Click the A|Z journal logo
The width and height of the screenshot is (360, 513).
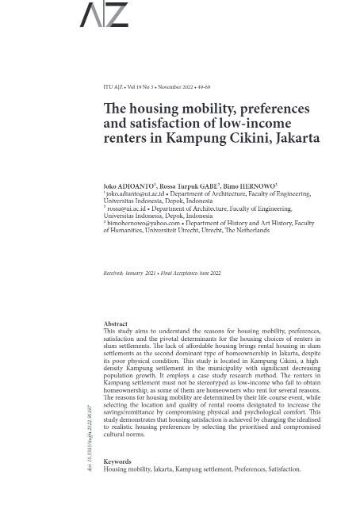[x=103, y=14]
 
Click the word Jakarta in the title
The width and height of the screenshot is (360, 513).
[x=295, y=138]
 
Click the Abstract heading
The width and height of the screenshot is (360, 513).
[x=115, y=323]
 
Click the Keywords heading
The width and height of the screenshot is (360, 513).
[x=117, y=461]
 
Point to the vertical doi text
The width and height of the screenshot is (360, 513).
[x=90, y=440]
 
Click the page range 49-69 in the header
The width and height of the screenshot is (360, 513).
[x=204, y=87]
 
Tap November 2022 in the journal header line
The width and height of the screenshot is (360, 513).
[x=174, y=87]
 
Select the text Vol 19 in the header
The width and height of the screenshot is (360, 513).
[x=135, y=87]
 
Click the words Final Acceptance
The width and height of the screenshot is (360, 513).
[x=178, y=273]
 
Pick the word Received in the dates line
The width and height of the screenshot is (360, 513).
[x=113, y=273]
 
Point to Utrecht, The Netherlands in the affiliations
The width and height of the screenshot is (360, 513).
[x=236, y=231]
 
